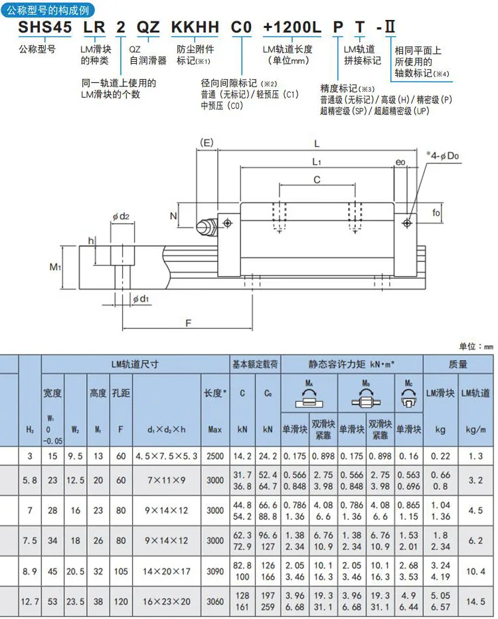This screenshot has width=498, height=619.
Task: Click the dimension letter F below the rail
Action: click(x=188, y=323)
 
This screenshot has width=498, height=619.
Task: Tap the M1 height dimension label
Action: click(x=56, y=267)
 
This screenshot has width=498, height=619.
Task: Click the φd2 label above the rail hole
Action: click(x=120, y=216)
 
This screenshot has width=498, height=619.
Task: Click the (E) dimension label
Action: click(x=207, y=143)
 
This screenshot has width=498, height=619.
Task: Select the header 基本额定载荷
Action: click(x=255, y=365)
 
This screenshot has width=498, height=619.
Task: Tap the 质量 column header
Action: click(x=457, y=365)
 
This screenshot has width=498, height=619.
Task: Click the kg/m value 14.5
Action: click(x=476, y=601)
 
